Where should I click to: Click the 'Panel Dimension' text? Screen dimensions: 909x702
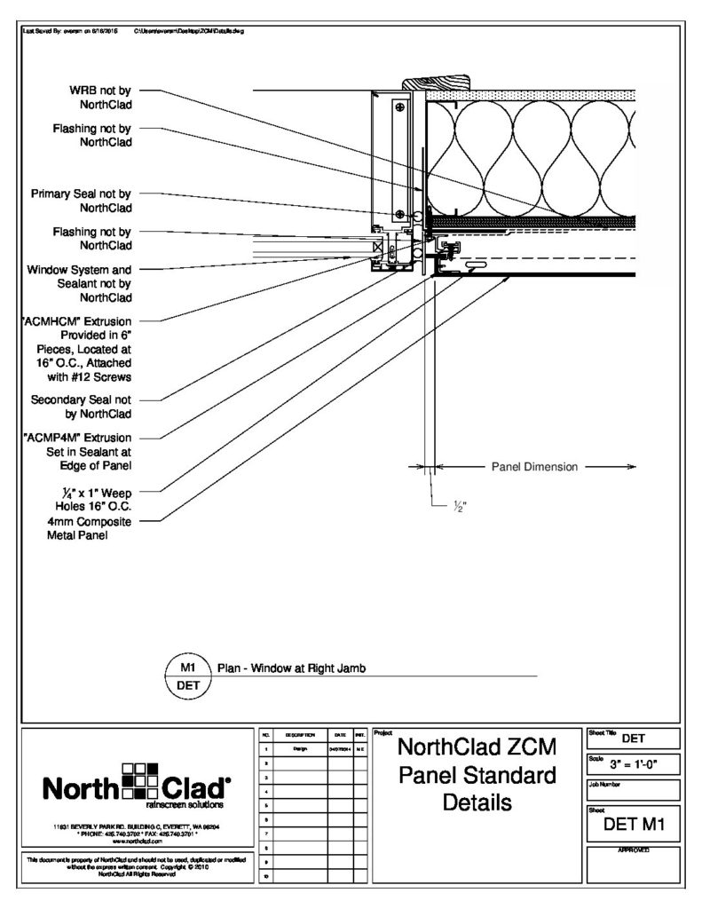[x=533, y=466]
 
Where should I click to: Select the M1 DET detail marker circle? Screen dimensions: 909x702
[x=187, y=676]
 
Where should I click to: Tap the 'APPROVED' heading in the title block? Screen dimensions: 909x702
[x=634, y=850]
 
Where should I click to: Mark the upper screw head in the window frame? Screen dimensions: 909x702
[x=400, y=108]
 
